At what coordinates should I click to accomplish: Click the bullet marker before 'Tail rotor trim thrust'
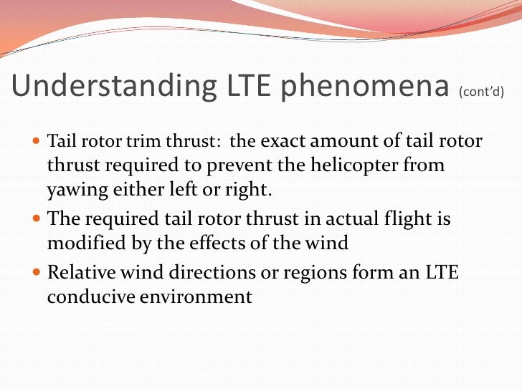pyautogui.click(x=38, y=141)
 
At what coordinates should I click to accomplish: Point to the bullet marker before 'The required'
pyautogui.click(x=38, y=218)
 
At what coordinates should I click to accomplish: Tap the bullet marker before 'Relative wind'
pyautogui.click(x=38, y=273)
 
